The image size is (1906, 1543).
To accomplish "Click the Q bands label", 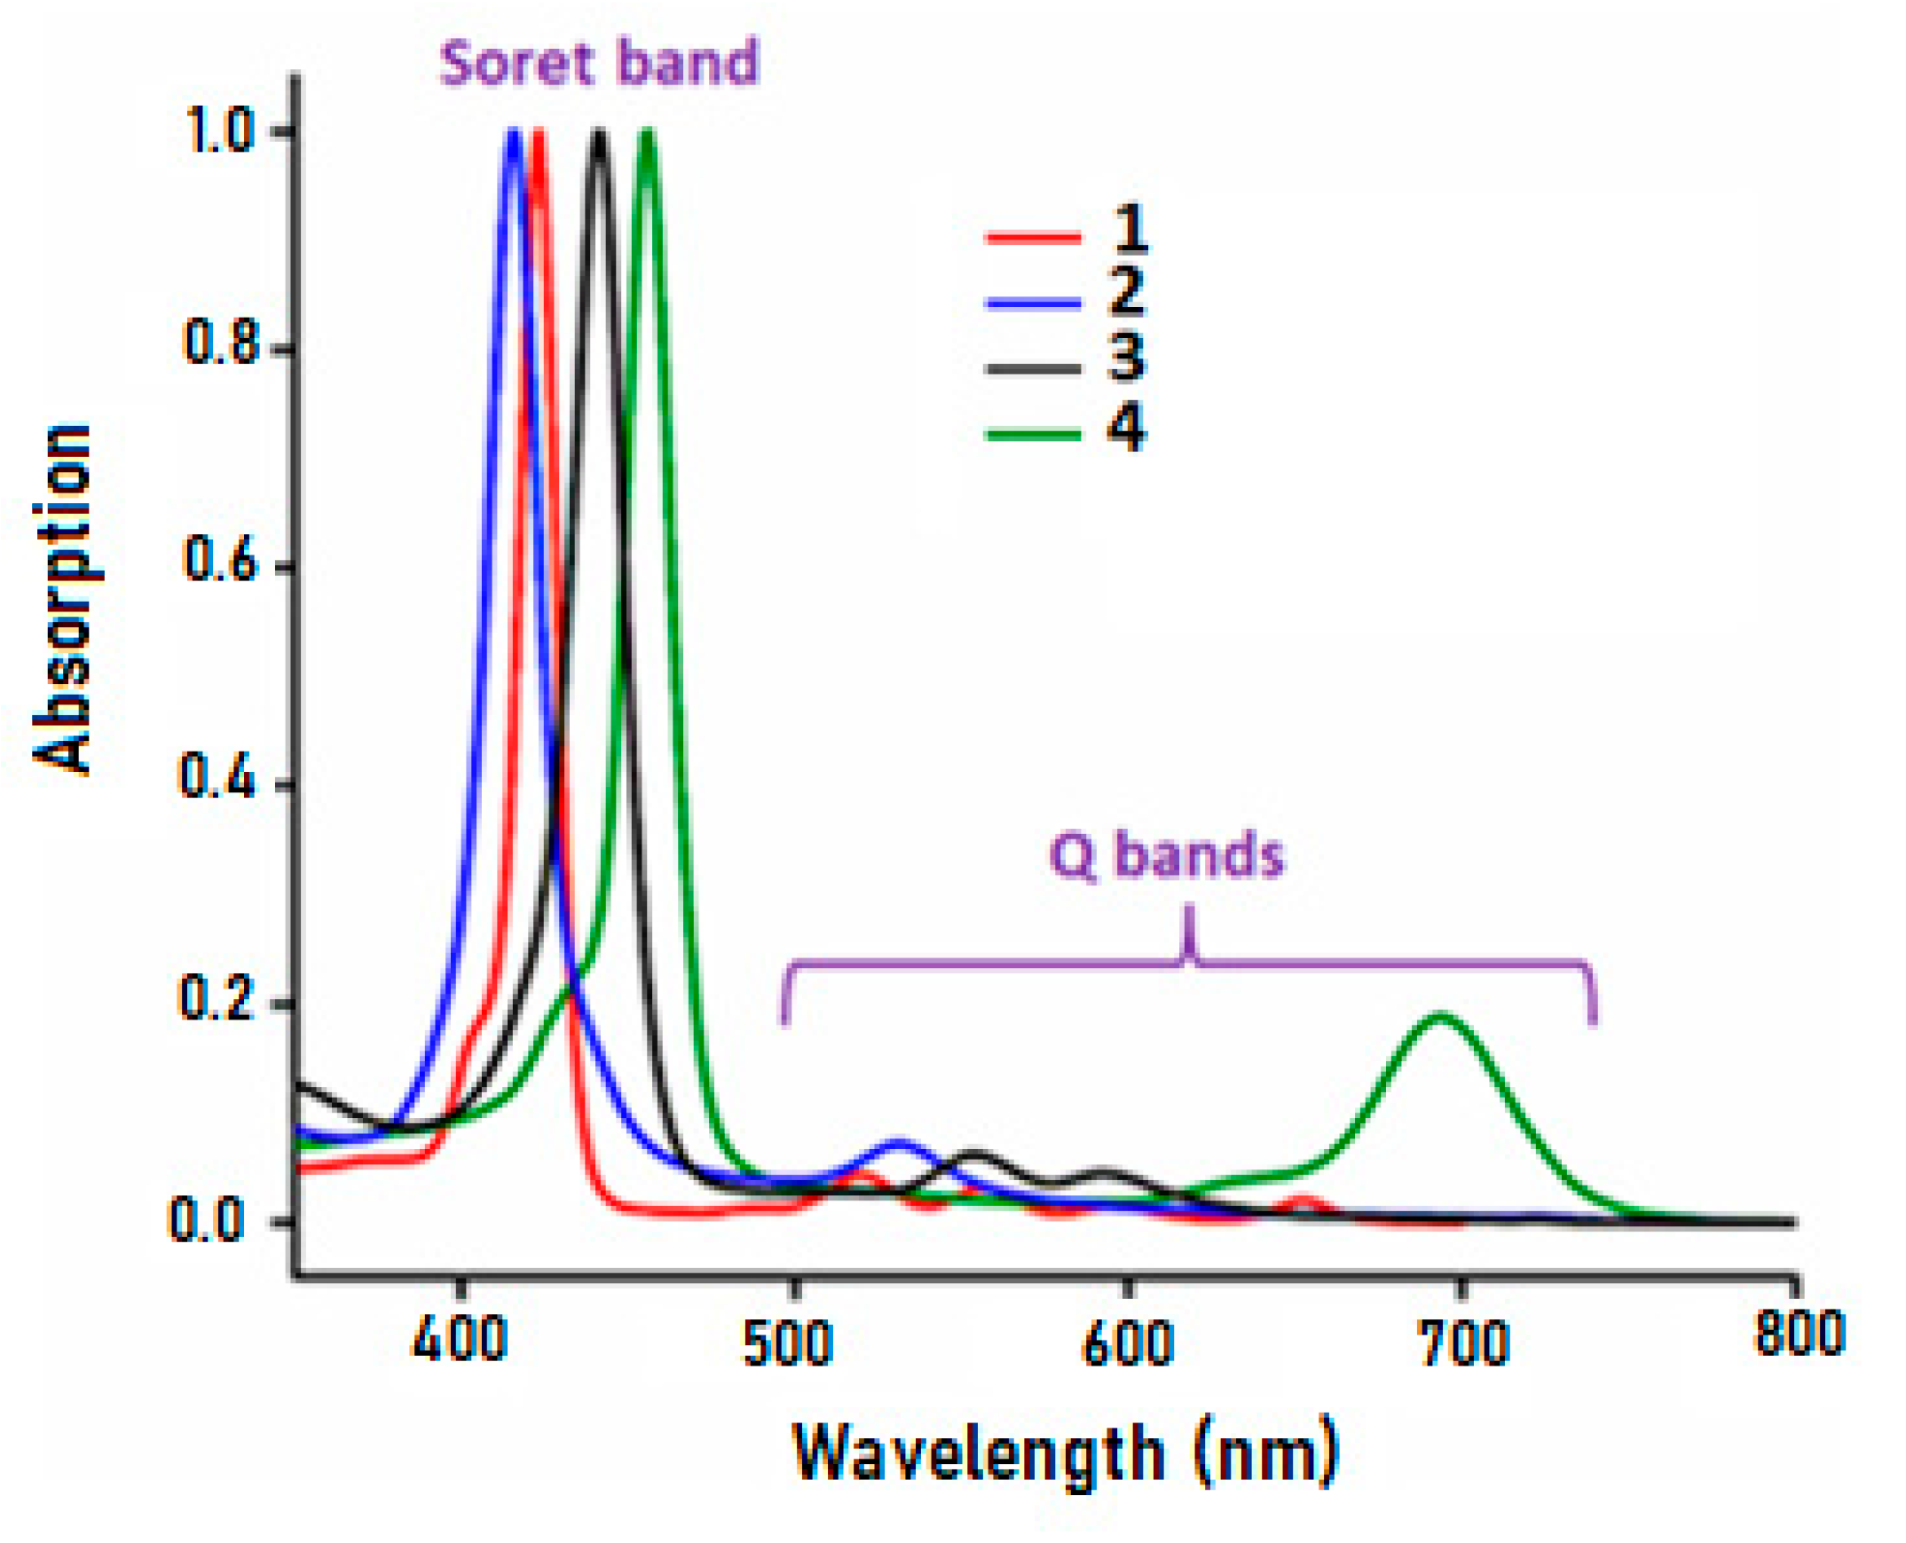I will (x=1166, y=855).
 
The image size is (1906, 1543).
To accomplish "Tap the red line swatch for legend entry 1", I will (x=1033, y=237).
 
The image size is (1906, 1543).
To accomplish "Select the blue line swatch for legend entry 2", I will (x=1033, y=303).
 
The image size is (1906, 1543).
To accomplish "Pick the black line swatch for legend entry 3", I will (x=1033, y=369).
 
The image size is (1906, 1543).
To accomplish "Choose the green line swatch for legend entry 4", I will (x=1033, y=435).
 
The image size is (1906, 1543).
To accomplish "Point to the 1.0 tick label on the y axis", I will (x=219, y=132).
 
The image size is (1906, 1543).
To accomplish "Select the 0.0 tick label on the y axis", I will (x=207, y=1221).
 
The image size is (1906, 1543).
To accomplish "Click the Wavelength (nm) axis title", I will (x=1065, y=1455).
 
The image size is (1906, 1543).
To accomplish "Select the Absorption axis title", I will (x=62, y=599).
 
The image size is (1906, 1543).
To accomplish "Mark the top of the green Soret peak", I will (x=647, y=133).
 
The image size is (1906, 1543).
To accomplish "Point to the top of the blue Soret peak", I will (x=514, y=133).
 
